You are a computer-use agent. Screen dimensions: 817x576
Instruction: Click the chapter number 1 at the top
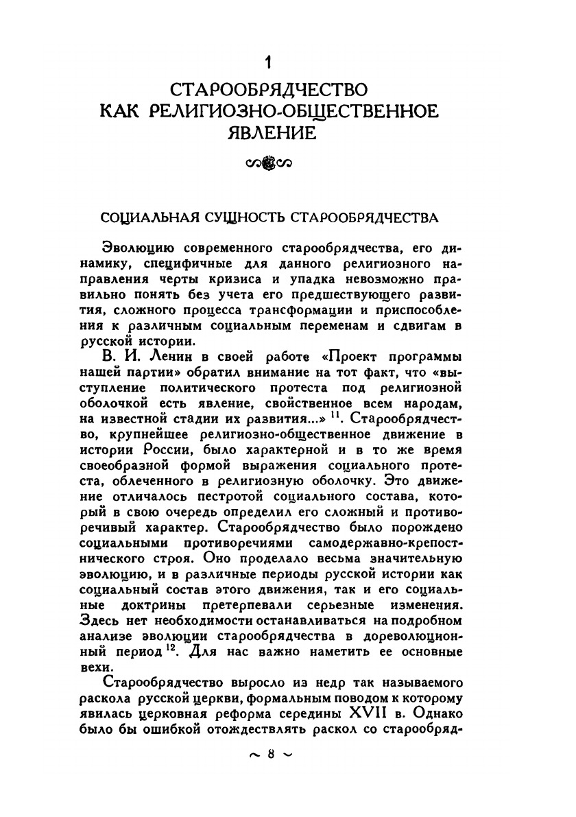(x=271, y=64)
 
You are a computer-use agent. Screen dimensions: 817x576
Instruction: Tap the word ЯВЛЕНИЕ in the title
(x=272, y=133)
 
